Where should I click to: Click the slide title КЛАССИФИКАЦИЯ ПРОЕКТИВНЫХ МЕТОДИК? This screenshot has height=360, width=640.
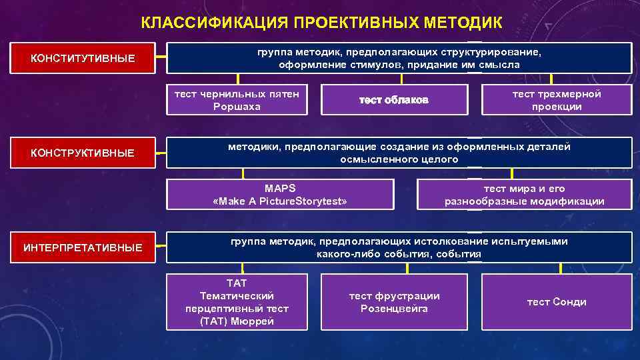pos(321,23)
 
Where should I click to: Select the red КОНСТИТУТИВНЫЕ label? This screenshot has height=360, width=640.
pos(83,59)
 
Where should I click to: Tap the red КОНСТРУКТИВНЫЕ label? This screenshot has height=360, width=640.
pos(83,153)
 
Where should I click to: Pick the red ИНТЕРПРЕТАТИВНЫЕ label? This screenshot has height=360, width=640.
pos(83,248)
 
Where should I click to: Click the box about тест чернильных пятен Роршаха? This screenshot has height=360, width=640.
pos(237,100)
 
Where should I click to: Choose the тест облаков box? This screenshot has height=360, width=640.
pos(393,100)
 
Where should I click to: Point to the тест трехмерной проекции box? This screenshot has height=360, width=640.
pos(557,100)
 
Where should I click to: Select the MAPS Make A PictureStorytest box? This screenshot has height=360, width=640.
pos(279,195)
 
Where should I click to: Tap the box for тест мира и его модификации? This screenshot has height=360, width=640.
pos(525,195)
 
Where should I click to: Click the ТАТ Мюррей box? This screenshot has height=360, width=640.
pos(237,302)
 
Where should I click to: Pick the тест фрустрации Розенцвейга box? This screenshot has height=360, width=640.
pos(394,302)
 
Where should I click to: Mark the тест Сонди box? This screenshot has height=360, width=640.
pos(557,302)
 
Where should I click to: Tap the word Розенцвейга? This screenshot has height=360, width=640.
pos(394,309)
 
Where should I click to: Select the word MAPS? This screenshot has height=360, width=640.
pos(280,189)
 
